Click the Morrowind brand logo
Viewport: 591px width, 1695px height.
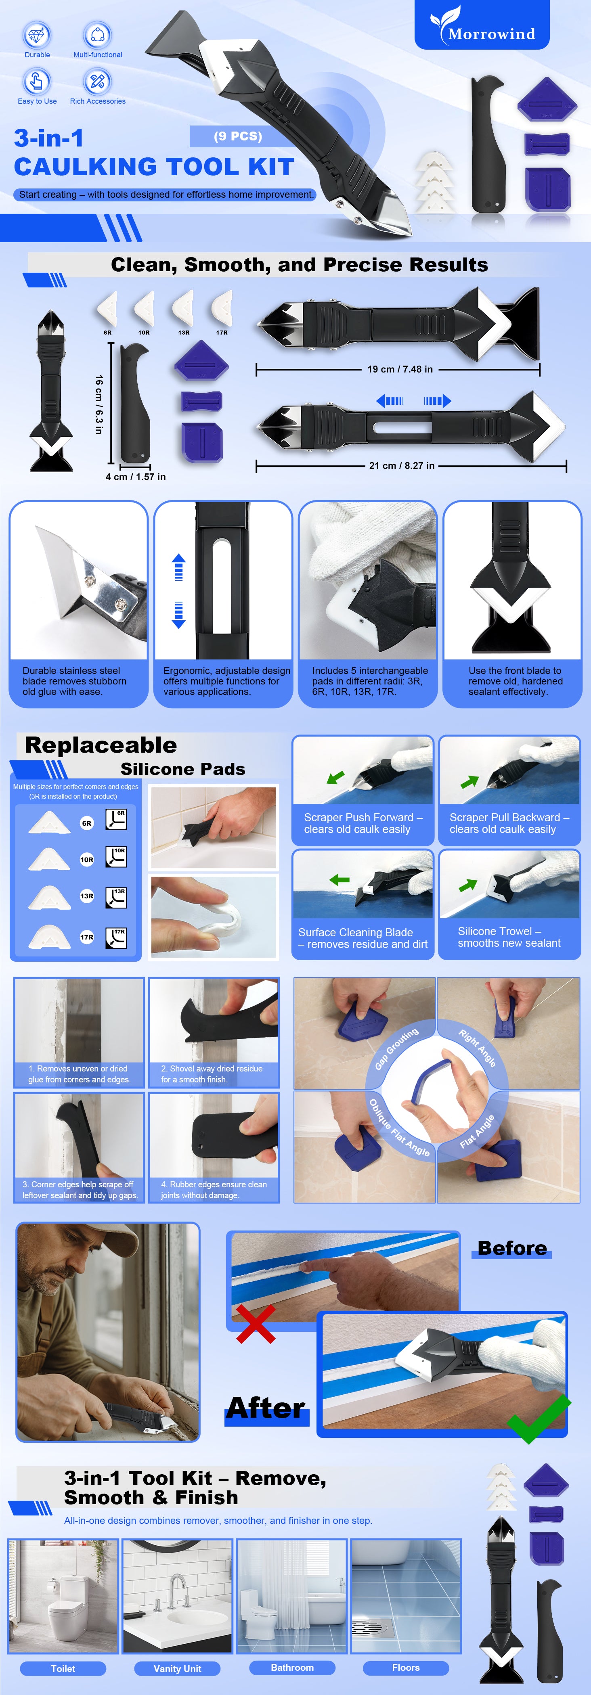click(482, 25)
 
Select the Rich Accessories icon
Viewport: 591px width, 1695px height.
click(97, 81)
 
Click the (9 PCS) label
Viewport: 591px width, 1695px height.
click(238, 136)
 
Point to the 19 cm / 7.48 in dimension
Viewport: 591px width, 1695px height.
click(400, 369)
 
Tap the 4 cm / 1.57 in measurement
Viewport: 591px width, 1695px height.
click(136, 476)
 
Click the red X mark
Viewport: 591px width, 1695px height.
click(256, 1324)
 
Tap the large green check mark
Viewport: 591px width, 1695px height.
click(539, 1418)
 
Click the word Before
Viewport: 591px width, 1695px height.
click(512, 1248)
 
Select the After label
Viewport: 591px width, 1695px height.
click(266, 1408)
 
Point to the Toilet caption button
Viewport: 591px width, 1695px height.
click(63, 1668)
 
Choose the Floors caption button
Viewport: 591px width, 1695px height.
click(406, 1668)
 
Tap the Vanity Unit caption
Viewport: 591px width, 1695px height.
click(178, 1668)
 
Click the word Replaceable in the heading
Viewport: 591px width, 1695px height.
click(101, 745)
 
